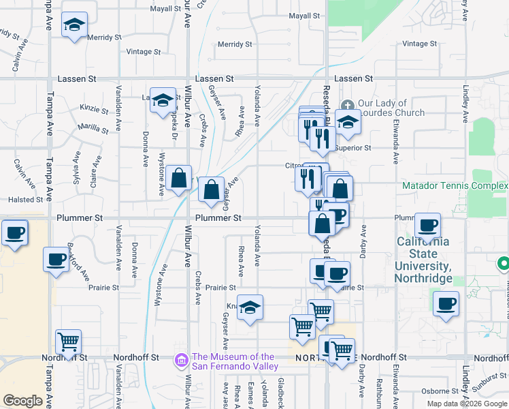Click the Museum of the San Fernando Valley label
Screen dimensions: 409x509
233,361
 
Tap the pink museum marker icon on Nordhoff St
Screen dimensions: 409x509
182,359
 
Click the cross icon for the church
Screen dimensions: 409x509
348,104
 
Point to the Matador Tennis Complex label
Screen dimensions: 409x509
455,185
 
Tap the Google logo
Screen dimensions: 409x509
22,401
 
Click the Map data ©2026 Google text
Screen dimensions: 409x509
466,404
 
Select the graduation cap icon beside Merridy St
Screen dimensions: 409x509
73,25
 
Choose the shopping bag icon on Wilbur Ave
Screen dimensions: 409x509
178,179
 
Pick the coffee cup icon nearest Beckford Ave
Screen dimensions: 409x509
56,259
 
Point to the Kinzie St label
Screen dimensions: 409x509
95,108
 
